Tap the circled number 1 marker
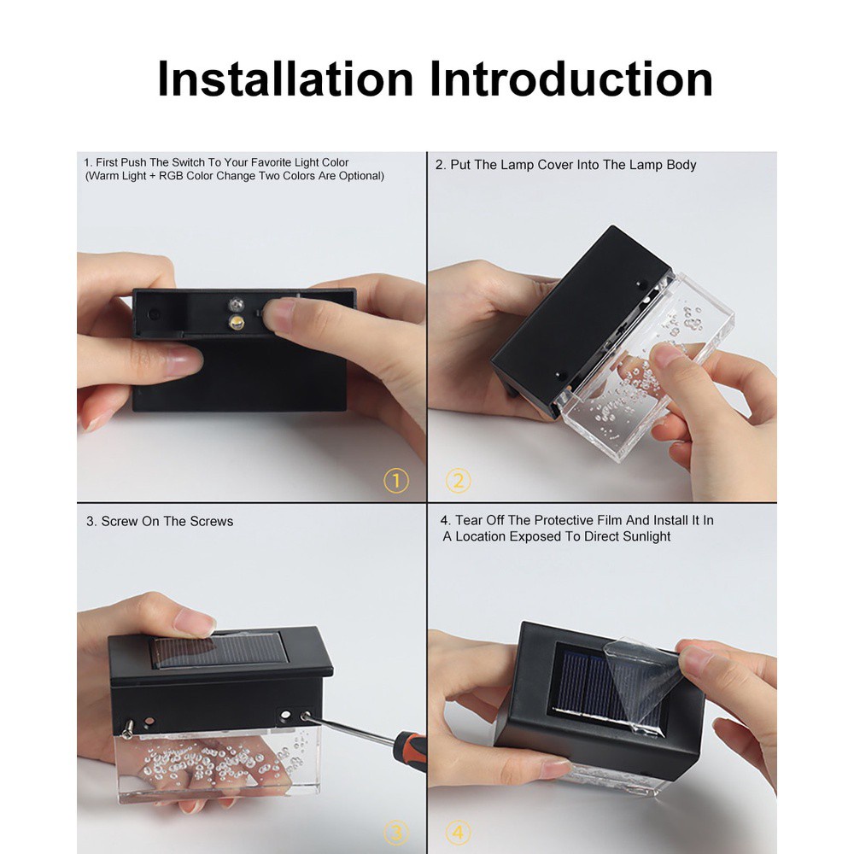coord(395,482)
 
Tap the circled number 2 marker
coord(459,482)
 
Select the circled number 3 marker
coord(395,831)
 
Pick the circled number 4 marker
coord(459,831)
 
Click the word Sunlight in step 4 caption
coord(643,536)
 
